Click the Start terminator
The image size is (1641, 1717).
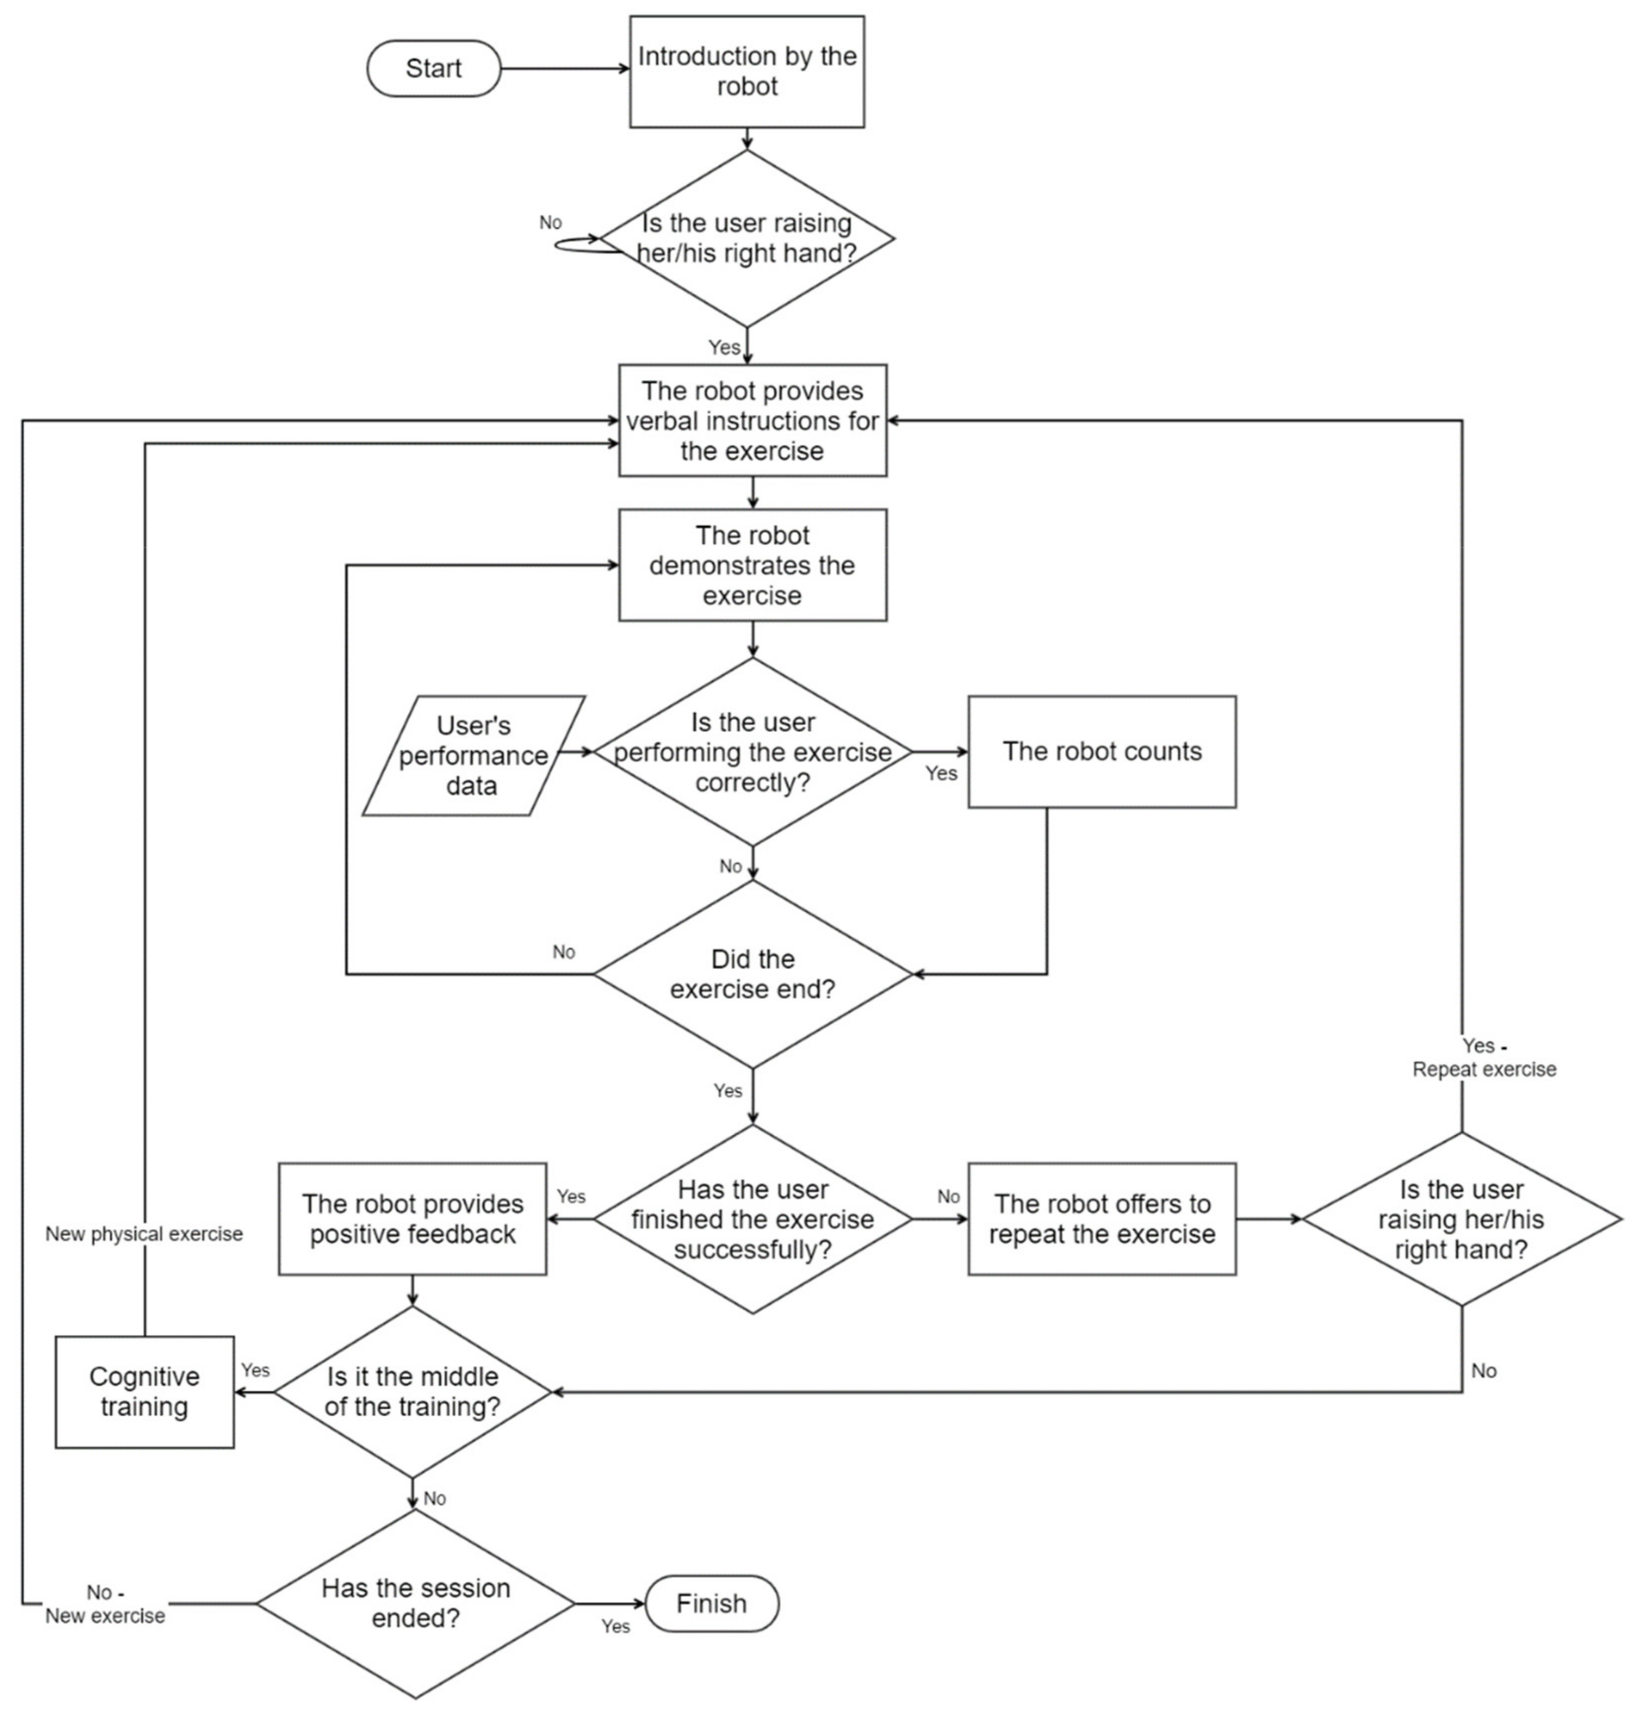coord(433,68)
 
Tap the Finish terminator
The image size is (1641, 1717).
coord(711,1603)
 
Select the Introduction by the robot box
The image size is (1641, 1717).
coord(747,72)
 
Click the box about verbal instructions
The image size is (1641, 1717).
coord(752,421)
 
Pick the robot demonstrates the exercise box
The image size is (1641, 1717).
coord(752,565)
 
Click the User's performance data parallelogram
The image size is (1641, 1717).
coord(473,756)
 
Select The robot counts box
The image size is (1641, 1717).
coord(1101,751)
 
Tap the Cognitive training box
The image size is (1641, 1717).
coord(144,1392)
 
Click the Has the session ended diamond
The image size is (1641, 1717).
coord(416,1603)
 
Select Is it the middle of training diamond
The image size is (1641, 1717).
coord(412,1392)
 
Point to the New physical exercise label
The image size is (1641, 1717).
coord(144,1234)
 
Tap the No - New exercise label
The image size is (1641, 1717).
coord(105,1603)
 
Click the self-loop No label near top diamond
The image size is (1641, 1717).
coord(550,223)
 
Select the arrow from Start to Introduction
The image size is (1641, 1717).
coord(564,68)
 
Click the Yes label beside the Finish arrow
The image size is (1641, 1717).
coord(615,1626)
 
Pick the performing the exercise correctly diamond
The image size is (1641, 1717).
coord(752,752)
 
